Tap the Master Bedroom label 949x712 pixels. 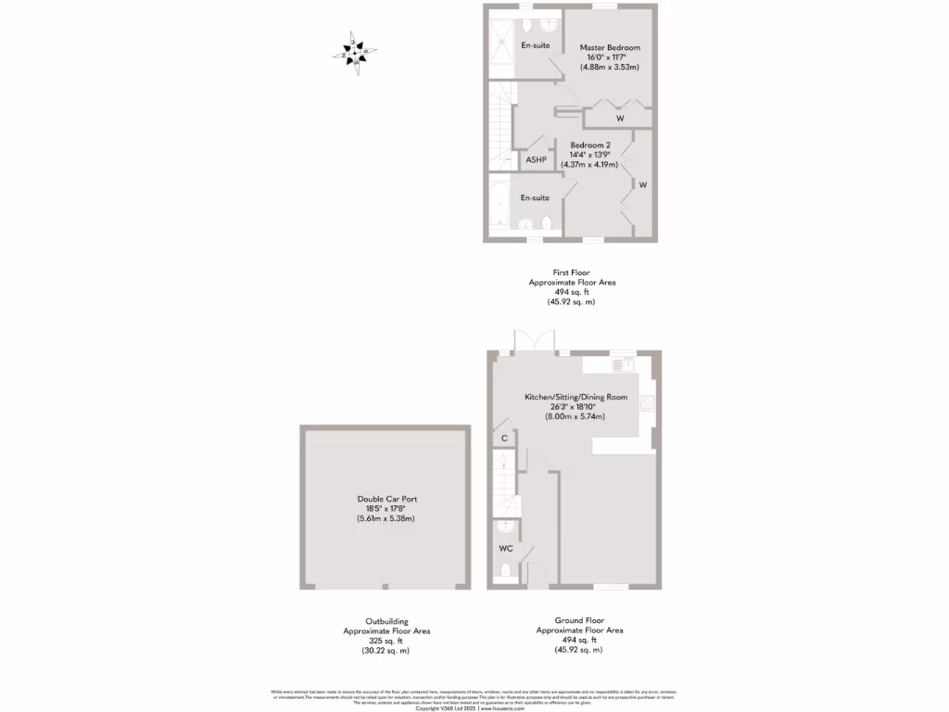point(610,47)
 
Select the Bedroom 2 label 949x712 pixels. point(590,146)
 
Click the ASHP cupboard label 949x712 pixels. point(536,160)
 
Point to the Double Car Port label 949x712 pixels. point(386,499)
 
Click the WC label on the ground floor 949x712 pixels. point(505,548)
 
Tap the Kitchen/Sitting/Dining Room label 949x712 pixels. point(576,397)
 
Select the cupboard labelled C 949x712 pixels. point(504,438)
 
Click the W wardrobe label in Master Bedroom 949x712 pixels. point(620,120)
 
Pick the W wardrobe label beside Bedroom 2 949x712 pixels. point(642,184)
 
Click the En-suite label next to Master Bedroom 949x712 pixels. point(536,45)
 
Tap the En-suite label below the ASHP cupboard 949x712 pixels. point(535,197)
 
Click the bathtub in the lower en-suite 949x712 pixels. point(498,206)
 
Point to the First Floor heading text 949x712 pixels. point(572,273)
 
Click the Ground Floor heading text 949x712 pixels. point(579,620)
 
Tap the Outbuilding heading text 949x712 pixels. point(386,621)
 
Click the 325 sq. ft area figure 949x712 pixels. point(386,641)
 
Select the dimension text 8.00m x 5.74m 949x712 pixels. point(575,416)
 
